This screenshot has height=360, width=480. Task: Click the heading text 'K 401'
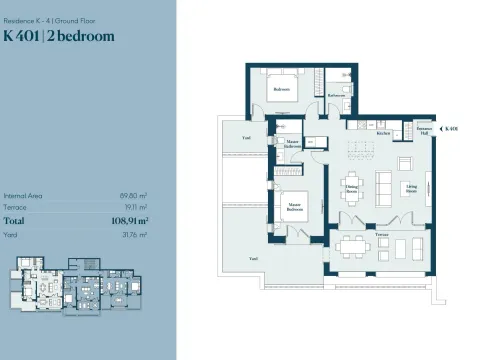(23, 36)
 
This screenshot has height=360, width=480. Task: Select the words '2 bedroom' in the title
(82, 36)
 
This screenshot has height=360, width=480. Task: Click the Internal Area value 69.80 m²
(134, 196)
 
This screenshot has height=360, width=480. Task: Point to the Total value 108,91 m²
(130, 220)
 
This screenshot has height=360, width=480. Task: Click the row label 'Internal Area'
(22, 196)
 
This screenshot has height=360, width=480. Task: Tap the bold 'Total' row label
(15, 220)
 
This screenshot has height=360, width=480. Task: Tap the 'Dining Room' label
(351, 187)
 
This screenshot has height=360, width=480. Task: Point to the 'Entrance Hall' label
(423, 132)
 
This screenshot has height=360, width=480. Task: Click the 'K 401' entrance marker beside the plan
(452, 129)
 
